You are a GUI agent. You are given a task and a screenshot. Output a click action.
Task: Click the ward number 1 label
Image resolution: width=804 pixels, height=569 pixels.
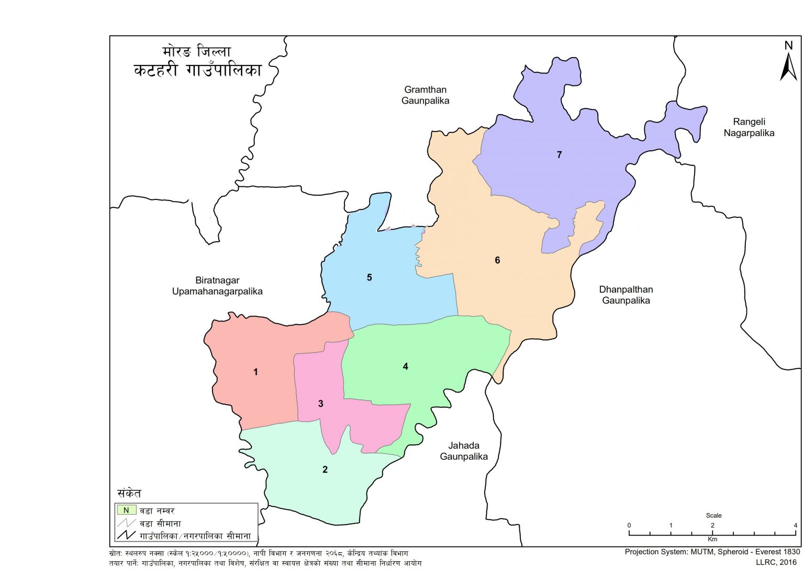(x=255, y=372)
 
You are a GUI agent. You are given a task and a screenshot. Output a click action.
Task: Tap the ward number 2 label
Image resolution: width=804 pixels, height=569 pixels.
(x=325, y=470)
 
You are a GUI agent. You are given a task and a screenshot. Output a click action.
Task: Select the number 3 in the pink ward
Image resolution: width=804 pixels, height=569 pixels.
(x=321, y=404)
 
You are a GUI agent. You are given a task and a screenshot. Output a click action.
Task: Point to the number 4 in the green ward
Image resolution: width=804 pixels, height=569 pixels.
(x=405, y=366)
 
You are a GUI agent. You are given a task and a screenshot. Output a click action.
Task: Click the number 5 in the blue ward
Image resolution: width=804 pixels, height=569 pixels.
(x=369, y=277)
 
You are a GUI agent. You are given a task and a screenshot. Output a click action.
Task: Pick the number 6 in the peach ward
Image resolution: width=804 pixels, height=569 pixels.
(x=497, y=260)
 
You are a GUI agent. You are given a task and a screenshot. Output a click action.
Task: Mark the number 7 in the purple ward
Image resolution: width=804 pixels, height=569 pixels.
(x=560, y=154)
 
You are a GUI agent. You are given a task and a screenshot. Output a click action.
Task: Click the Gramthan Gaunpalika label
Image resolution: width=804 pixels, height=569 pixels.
(x=425, y=95)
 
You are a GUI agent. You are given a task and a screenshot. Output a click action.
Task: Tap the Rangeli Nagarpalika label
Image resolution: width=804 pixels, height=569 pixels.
(x=749, y=127)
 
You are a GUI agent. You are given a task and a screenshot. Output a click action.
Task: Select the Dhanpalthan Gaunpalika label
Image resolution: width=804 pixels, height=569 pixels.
(x=626, y=295)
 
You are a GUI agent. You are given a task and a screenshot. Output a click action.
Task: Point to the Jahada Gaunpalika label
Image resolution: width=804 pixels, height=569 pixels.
(x=464, y=451)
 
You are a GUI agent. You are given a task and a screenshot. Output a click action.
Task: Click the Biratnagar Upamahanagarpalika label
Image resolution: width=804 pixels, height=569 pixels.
(x=217, y=286)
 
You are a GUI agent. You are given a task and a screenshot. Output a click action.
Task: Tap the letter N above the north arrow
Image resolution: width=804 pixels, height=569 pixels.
(x=788, y=46)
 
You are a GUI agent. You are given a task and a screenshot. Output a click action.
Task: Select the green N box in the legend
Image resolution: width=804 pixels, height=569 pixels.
(x=126, y=510)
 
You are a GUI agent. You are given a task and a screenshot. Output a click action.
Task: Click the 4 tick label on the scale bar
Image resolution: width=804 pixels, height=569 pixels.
(x=795, y=525)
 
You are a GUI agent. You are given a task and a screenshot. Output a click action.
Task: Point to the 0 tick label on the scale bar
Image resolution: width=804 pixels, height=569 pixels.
(x=629, y=525)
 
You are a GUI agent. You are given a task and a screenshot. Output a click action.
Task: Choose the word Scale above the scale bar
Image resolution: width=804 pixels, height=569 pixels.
(x=713, y=516)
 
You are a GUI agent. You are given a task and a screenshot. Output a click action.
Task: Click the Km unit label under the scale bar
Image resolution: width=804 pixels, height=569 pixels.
(x=712, y=539)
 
